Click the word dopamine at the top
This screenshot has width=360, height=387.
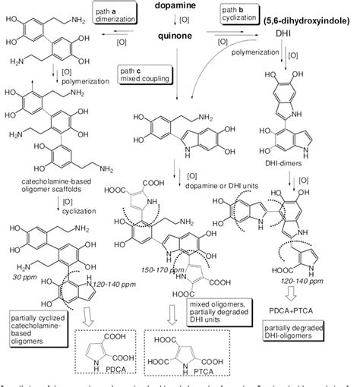click(x=180, y=6)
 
